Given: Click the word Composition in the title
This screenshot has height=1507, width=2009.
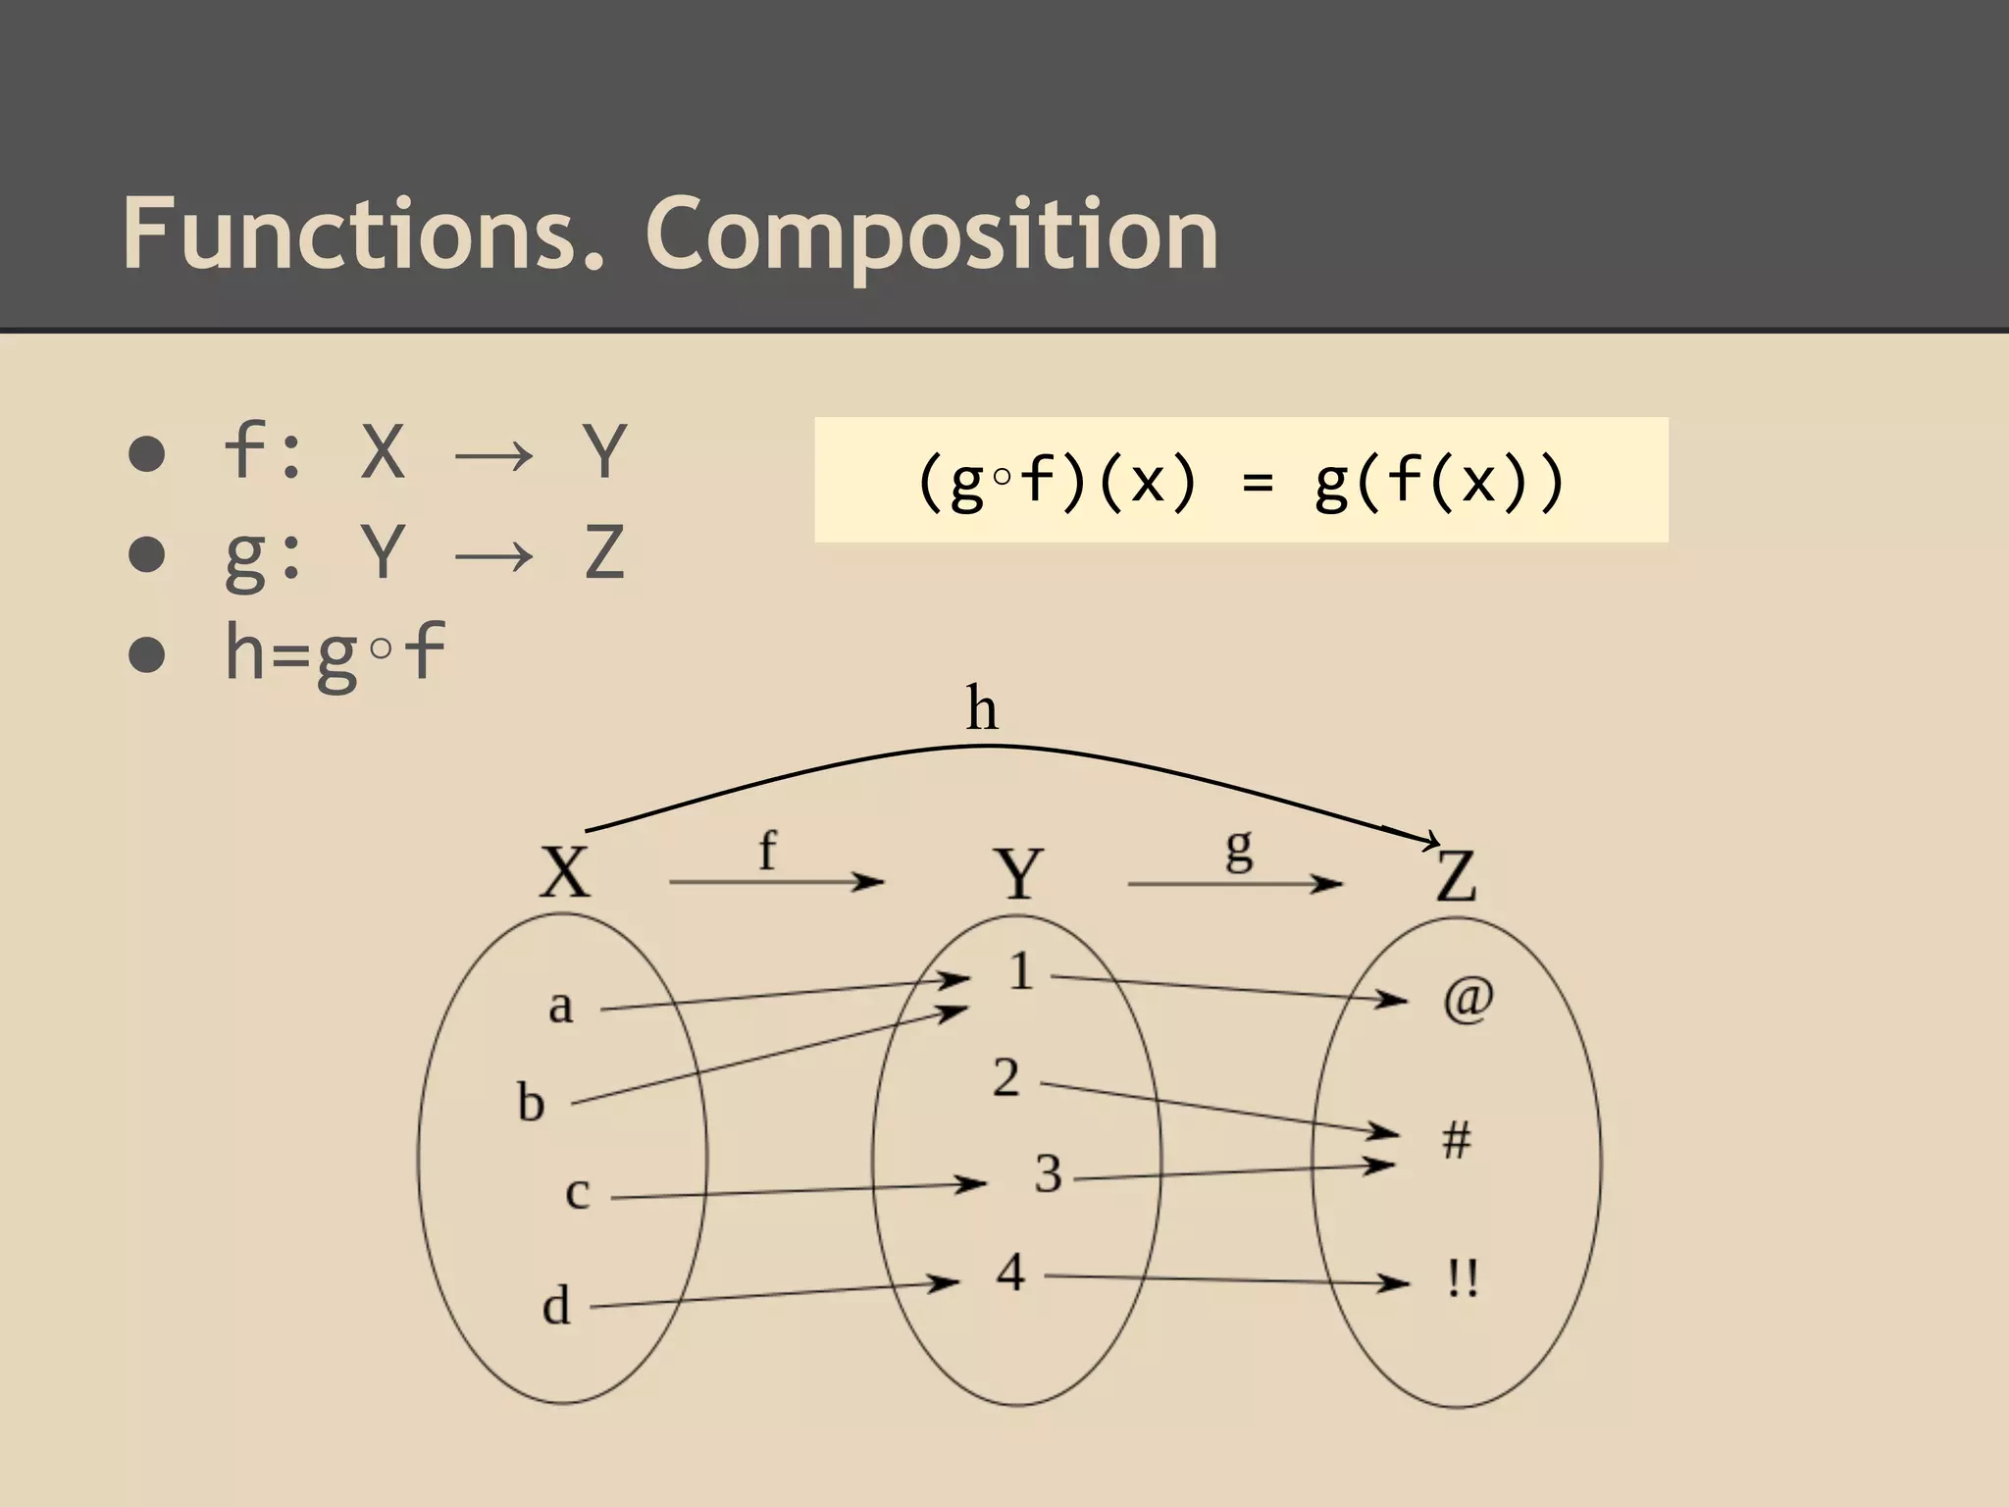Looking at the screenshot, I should pyautogui.click(x=931, y=235).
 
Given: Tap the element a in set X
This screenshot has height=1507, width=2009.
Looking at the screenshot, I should pyautogui.click(x=560, y=1007).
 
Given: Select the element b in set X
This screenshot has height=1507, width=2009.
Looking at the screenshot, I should pyautogui.click(x=531, y=1103).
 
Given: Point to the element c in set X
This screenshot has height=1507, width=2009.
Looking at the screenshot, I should pyautogui.click(x=578, y=1193).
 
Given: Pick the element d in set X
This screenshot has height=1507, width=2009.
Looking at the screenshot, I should pyautogui.click(x=556, y=1306).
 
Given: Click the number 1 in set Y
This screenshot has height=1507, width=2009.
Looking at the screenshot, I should pyautogui.click(x=1021, y=972).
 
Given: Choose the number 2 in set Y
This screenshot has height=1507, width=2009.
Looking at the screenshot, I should pyautogui.click(x=1006, y=1078).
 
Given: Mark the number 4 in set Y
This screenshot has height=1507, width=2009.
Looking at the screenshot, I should pyautogui.click(x=1010, y=1273).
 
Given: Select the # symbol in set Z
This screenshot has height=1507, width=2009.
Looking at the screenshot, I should pyautogui.click(x=1457, y=1141).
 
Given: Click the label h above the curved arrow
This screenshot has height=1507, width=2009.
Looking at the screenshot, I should pyautogui.click(x=982, y=708).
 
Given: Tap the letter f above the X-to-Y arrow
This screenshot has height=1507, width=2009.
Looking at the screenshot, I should pyautogui.click(x=767, y=850).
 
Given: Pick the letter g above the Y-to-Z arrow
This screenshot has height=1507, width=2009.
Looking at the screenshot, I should pyautogui.click(x=1239, y=848).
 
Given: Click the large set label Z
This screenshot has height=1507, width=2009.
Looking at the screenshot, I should pyautogui.click(x=1456, y=876).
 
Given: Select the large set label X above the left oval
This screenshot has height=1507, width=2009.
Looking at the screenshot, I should pyautogui.click(x=566, y=871).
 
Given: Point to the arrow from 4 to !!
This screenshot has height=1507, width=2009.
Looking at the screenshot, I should pyautogui.click(x=1226, y=1279).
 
